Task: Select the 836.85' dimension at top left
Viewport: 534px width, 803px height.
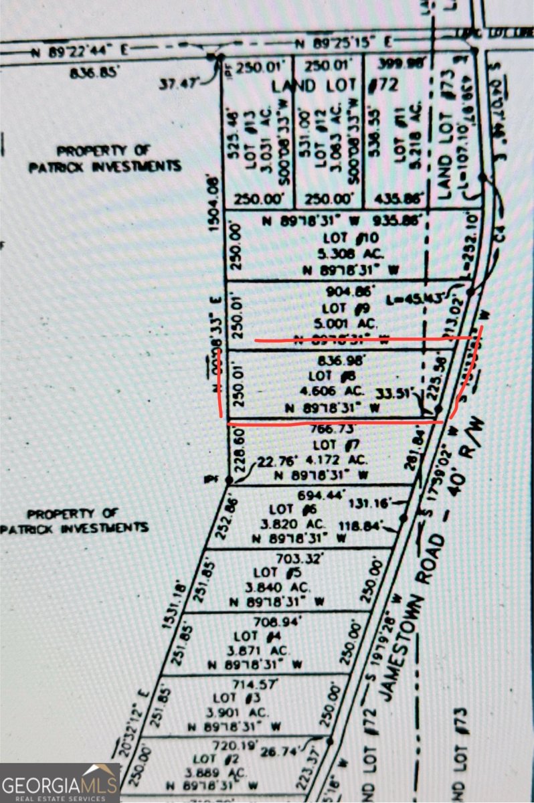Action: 92,72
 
